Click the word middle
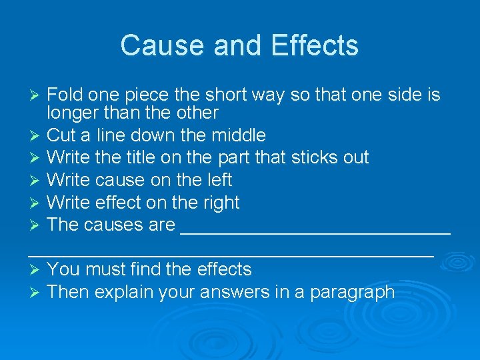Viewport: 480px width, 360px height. click(239, 135)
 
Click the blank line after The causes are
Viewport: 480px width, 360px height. click(315, 231)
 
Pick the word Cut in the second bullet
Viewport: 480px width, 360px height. click(62, 135)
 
